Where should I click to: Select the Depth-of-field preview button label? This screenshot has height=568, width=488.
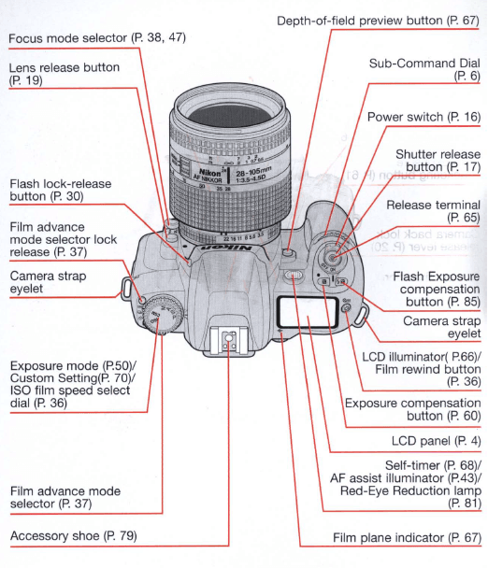(x=378, y=20)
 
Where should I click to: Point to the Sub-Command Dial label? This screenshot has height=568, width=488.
(x=424, y=68)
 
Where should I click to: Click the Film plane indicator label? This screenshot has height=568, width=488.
(x=407, y=537)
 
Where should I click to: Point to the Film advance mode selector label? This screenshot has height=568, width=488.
(x=65, y=496)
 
